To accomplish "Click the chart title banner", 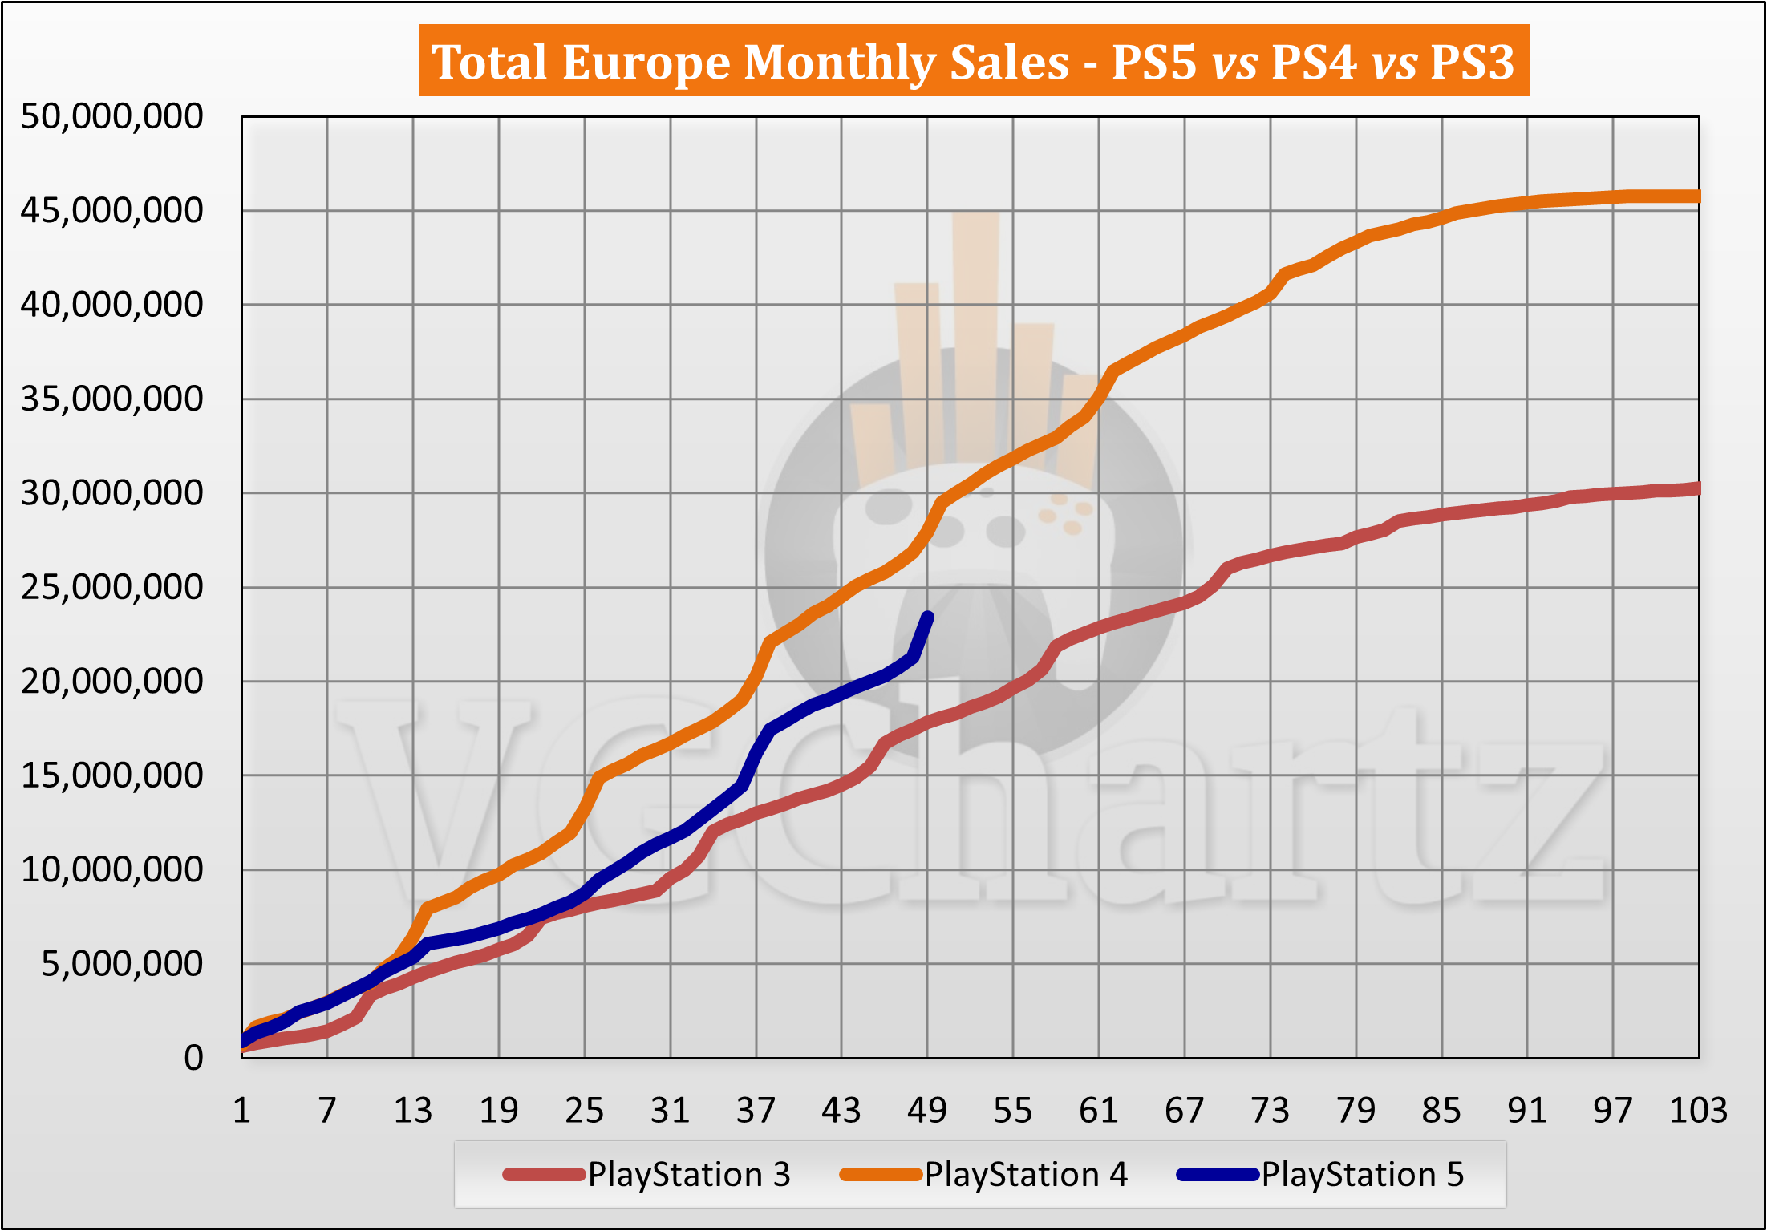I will [x=973, y=61].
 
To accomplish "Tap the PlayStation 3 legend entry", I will [x=648, y=1175].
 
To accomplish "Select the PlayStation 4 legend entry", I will [x=985, y=1175].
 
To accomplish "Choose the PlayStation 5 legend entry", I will [x=1322, y=1175].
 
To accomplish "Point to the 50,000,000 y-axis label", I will [x=111, y=117].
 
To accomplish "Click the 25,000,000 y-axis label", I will [x=111, y=588].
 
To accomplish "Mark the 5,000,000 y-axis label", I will [x=122, y=964].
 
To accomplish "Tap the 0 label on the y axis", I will [x=193, y=1059].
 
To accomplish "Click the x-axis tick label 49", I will [x=927, y=1111].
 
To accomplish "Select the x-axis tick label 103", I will [x=1698, y=1111].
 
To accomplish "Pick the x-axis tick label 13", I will [x=413, y=1111].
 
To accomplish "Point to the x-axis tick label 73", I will [x=1271, y=1111].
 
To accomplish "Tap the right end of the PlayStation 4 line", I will [x=1697, y=196].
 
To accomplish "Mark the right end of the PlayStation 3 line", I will [x=1697, y=488].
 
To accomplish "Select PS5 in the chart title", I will [x=1154, y=62].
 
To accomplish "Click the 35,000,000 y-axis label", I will [x=111, y=399].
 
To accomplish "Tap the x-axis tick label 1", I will [x=241, y=1111].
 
